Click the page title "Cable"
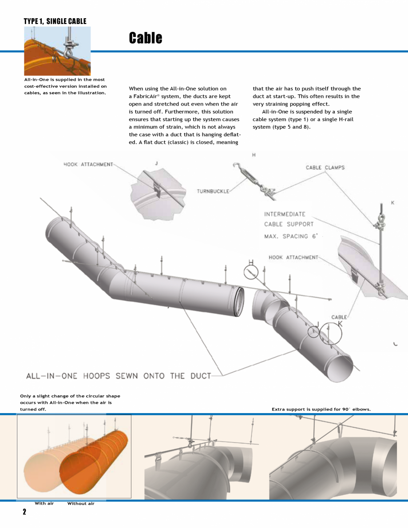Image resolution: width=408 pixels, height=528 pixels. coord(145,38)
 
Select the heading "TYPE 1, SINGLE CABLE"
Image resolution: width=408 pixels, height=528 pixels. coord(55,21)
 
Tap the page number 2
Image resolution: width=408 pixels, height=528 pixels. coord(25,512)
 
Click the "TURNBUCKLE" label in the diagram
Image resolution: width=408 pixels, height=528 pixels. coord(213,191)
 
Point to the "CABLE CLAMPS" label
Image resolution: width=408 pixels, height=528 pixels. coord(325,168)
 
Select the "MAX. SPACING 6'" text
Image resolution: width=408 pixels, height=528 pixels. coord(291,236)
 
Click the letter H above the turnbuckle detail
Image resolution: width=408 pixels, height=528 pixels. coord(254,155)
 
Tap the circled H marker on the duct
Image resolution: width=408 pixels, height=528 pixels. coord(251,271)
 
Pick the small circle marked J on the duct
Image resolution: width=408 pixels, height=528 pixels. coord(313,331)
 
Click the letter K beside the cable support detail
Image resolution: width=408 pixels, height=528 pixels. coord(392,203)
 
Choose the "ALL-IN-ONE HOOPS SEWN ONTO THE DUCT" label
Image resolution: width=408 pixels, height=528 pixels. coord(119,376)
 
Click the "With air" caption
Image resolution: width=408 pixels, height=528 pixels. coord(44,504)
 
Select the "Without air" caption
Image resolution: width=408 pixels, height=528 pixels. coord(81,504)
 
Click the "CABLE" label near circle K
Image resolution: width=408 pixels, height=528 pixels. coord(339,317)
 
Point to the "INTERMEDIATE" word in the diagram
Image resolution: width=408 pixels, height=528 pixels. coord(285,214)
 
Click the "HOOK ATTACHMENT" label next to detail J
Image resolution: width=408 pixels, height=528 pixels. coord(88,165)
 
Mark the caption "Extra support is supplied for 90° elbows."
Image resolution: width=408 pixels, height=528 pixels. coord(321,409)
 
